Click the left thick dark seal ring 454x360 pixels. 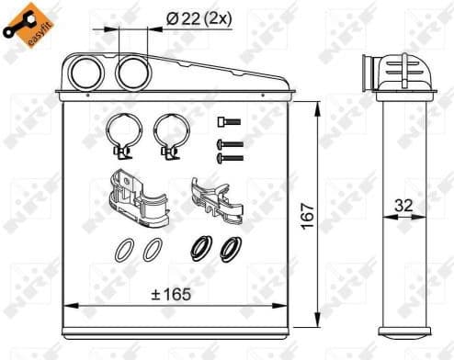(197, 247)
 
